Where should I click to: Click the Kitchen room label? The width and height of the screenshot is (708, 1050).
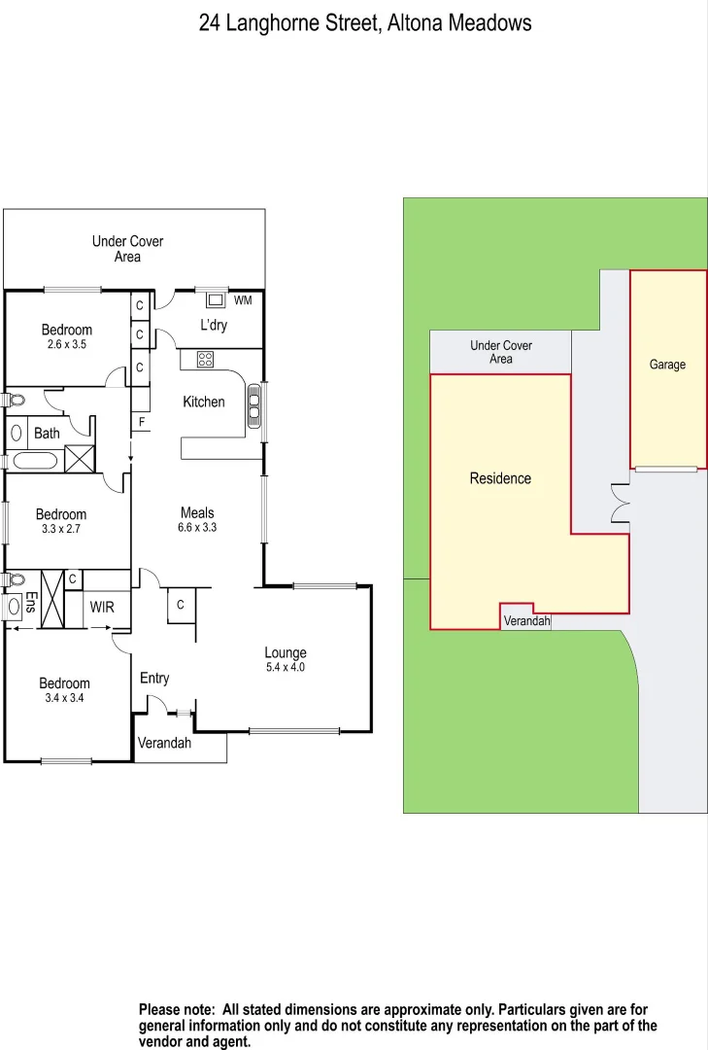coord(204,402)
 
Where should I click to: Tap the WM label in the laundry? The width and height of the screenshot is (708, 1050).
coord(243,300)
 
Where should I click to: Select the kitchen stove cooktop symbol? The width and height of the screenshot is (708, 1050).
coord(205,360)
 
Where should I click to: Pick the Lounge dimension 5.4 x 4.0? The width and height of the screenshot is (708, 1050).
coord(286,668)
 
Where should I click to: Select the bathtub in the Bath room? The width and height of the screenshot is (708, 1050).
coord(35,461)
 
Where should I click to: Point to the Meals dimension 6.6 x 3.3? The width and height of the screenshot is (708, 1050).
coord(197,528)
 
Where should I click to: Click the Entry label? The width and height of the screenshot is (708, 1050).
coord(154,678)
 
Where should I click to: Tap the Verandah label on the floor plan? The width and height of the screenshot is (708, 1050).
coord(164,744)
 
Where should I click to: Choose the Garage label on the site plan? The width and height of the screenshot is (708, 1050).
coord(667,365)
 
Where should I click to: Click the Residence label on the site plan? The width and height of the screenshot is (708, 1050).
coord(500,478)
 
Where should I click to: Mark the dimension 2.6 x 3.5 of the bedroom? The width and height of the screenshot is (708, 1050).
coord(67,344)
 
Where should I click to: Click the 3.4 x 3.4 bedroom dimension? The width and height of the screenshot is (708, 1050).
coord(64,697)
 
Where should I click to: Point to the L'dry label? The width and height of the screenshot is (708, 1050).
coord(214,325)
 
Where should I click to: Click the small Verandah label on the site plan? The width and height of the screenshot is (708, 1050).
coord(526,621)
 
